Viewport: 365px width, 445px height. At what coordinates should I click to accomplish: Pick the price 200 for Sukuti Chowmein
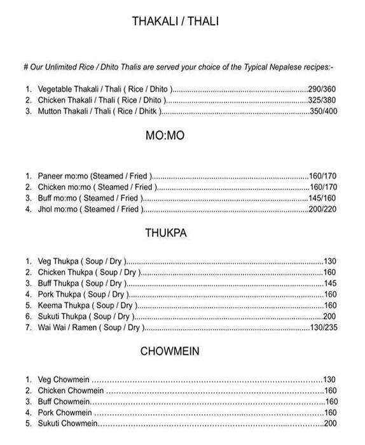[x=330, y=423]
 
